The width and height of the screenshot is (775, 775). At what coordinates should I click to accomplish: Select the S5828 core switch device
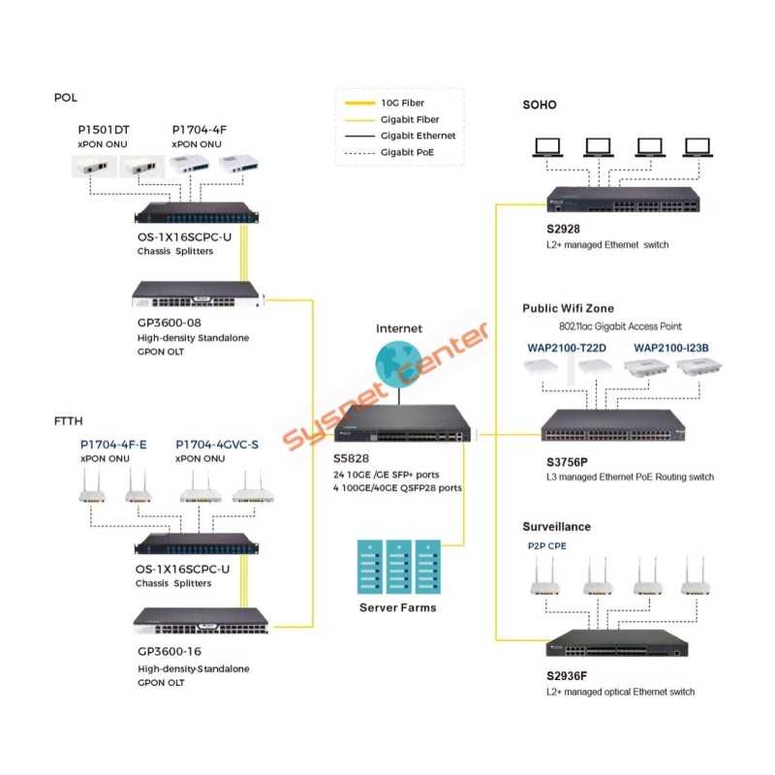pyautogui.click(x=399, y=424)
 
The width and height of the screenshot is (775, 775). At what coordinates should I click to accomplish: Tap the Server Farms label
pyautogui.click(x=397, y=607)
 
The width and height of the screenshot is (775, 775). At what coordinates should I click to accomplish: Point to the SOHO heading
pyautogui.click(x=540, y=105)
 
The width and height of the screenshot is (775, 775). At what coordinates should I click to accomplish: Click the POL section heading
pyautogui.click(x=66, y=98)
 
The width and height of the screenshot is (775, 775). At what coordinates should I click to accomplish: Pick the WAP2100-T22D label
pyautogui.click(x=567, y=347)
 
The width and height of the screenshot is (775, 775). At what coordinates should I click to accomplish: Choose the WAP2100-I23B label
pyautogui.click(x=671, y=347)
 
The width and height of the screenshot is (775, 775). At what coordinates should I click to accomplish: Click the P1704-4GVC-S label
pyautogui.click(x=217, y=445)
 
